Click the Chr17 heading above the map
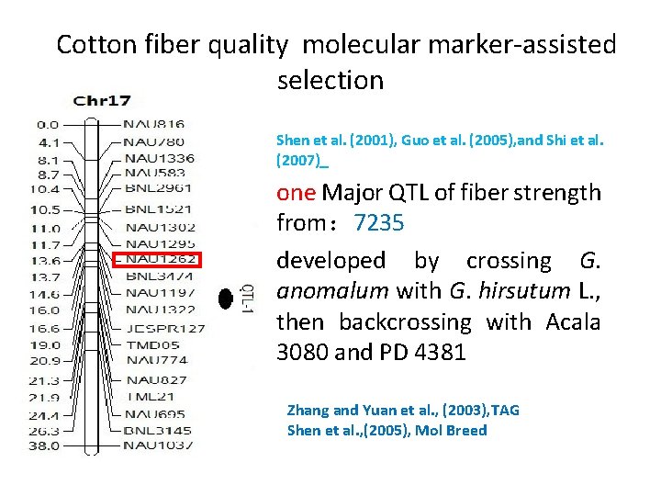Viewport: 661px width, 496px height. tap(102, 101)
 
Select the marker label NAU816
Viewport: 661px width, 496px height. tap(154, 124)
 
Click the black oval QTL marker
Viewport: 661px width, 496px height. tap(223, 297)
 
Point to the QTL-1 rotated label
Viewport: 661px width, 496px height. tap(245, 298)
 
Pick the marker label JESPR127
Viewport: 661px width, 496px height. tap(165, 328)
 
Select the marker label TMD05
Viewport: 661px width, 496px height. tap(152, 345)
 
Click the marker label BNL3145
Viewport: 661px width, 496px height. tap(159, 430)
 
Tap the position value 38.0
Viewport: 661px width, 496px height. tap(48, 445)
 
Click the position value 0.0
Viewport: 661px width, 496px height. tap(48, 124)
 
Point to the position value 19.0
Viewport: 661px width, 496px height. tap(48, 345)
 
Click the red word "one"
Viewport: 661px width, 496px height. tap(297, 193)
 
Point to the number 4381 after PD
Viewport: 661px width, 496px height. tap(434, 353)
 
